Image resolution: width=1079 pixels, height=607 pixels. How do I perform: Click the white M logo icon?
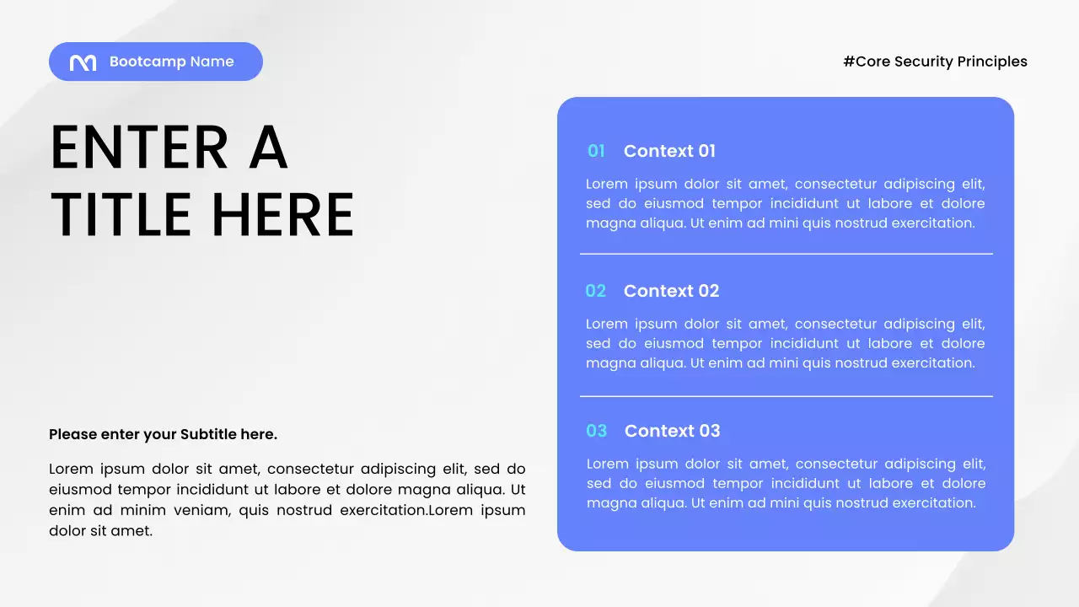pyautogui.click(x=83, y=62)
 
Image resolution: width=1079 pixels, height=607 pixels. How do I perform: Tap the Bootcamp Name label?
pyautogui.click(x=171, y=62)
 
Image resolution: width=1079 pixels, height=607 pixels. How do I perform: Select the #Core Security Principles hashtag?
pyautogui.click(x=935, y=62)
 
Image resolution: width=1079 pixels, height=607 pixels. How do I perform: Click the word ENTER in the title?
pyautogui.click(x=139, y=148)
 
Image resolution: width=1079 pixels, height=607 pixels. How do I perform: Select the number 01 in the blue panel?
pyautogui.click(x=596, y=151)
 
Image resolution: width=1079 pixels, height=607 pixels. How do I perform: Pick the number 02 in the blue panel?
pyautogui.click(x=595, y=291)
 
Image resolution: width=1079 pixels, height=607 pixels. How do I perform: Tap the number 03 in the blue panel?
pyautogui.click(x=596, y=431)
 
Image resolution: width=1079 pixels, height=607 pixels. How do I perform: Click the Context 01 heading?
pyautogui.click(x=669, y=151)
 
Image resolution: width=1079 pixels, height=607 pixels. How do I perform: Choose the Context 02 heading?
pyautogui.click(x=671, y=291)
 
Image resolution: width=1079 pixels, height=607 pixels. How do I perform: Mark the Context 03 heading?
pyautogui.click(x=672, y=431)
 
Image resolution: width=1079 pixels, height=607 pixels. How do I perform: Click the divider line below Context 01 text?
pyautogui.click(x=786, y=254)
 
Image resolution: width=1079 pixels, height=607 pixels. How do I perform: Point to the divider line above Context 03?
pyautogui.click(x=786, y=396)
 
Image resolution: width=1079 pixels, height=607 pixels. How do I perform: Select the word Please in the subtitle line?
pyautogui.click(x=72, y=434)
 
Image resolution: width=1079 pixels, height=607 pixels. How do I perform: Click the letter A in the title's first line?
pyautogui.click(x=269, y=148)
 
